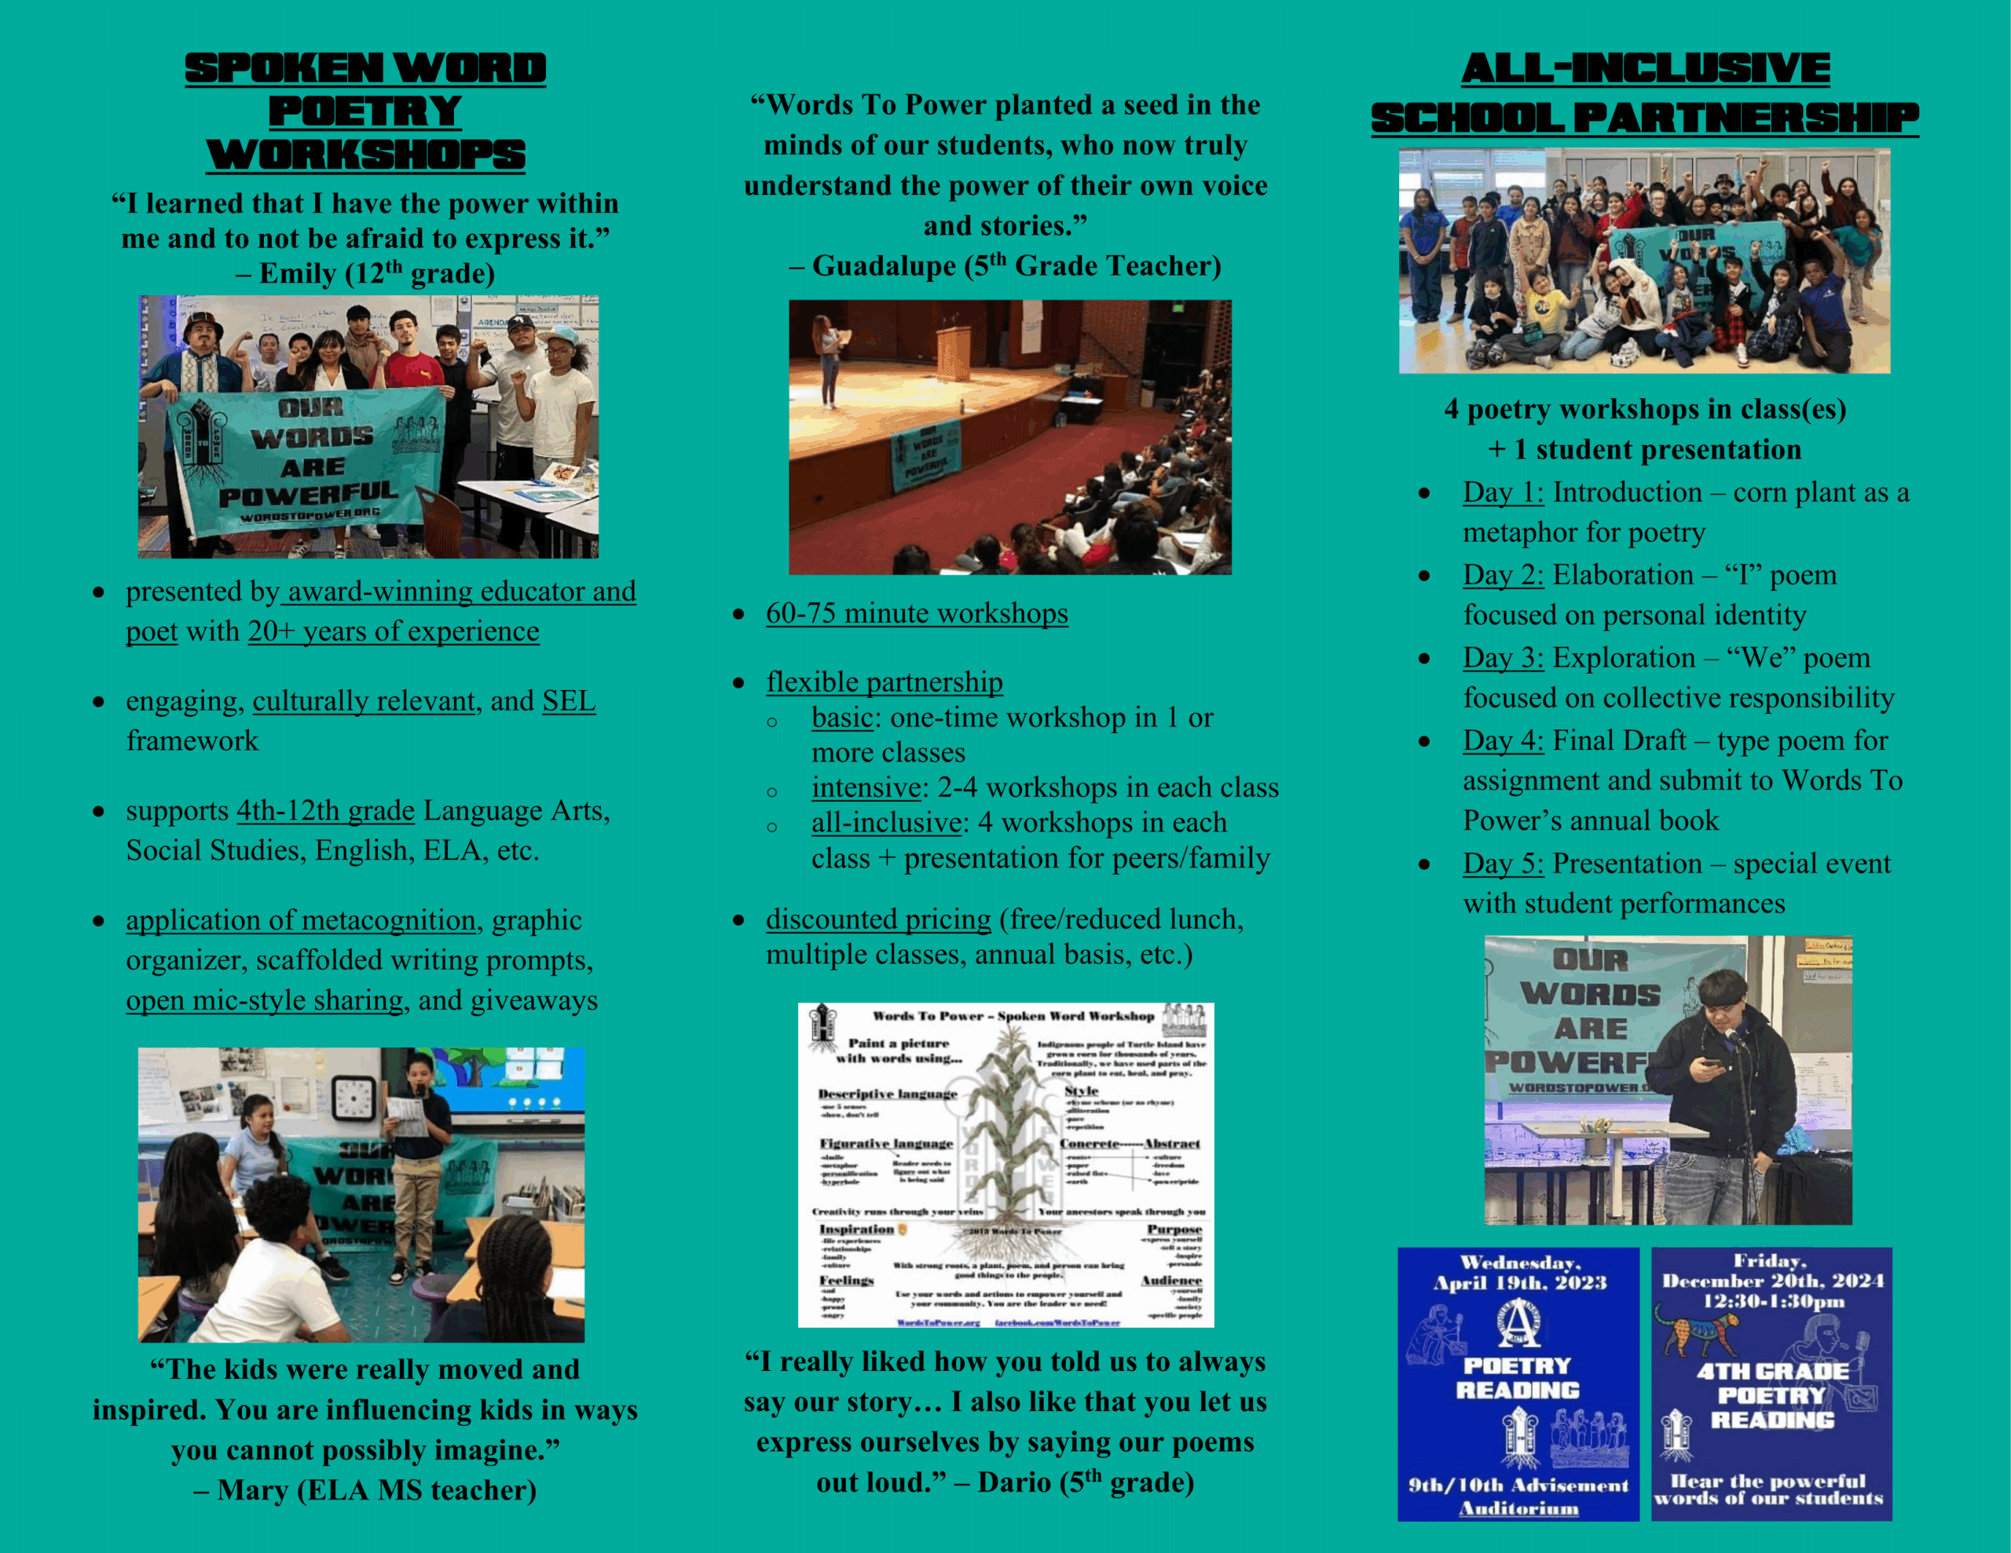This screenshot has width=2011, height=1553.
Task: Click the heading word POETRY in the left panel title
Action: coord(364,111)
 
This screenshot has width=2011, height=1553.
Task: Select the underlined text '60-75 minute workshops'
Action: coord(916,613)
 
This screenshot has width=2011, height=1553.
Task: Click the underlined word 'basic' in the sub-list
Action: coord(841,717)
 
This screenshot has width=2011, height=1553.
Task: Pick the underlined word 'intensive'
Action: coord(866,788)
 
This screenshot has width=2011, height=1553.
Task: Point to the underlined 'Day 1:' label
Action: coord(1503,492)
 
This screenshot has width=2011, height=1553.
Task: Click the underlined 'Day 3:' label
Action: coord(1503,658)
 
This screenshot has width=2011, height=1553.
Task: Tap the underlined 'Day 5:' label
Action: coord(1503,864)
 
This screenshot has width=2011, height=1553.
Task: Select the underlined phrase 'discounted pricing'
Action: coord(877,919)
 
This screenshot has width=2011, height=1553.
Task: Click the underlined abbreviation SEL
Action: coord(568,701)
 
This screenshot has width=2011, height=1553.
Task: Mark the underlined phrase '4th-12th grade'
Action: coord(325,811)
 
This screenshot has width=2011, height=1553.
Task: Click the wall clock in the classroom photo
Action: coord(353,1098)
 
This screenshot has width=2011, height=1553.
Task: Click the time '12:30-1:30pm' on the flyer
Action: coord(1772,1302)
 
